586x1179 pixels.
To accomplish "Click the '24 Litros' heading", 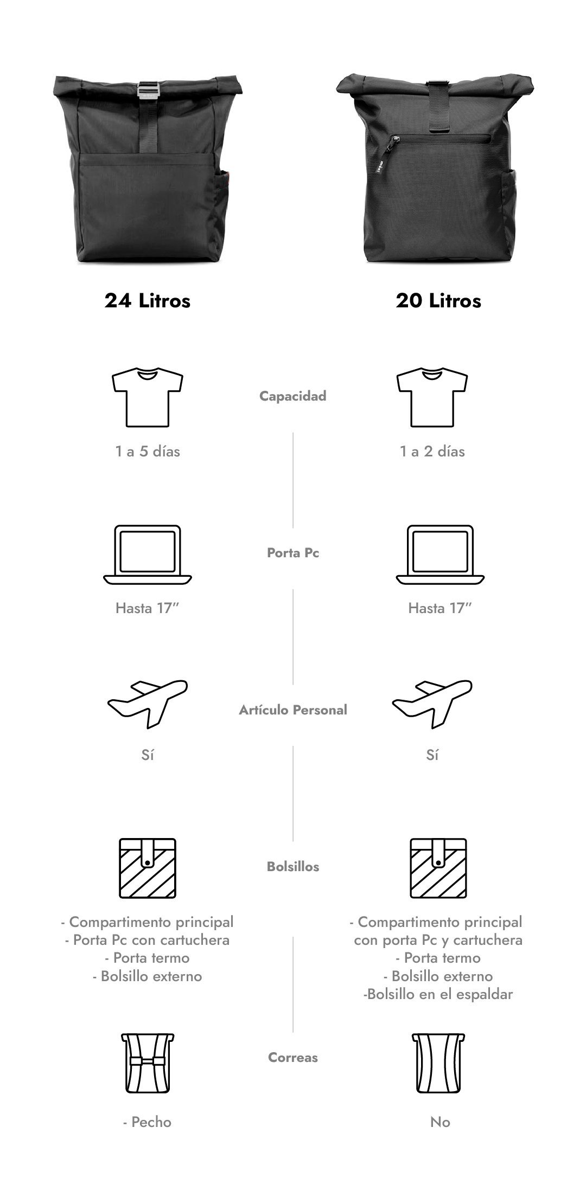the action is pos(147,300).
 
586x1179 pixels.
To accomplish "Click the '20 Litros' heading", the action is pos(438,300).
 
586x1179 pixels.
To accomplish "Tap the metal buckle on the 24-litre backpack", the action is pos(148,89).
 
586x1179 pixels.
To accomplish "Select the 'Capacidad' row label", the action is pos(293,396).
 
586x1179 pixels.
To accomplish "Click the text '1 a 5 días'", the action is pos(148,452).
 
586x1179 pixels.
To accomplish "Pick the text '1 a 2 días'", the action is pos(432,452).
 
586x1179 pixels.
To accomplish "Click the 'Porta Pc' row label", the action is pos(293,553).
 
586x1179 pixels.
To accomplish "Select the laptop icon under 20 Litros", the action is pos(440,555).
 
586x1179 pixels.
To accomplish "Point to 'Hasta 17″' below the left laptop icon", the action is pos(147,608).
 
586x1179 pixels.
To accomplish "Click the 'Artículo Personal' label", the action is pos(293,710).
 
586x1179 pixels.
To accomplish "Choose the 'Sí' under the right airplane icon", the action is pos(432,755).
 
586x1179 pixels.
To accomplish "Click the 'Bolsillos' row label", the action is pos(293,866).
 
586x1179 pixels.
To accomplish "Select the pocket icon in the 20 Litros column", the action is pos(438,867).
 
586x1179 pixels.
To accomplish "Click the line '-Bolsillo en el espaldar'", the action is pos(438,994).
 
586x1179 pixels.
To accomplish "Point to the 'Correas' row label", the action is pos(293,1057).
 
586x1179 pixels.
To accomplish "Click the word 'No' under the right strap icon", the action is pos(440,1122).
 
